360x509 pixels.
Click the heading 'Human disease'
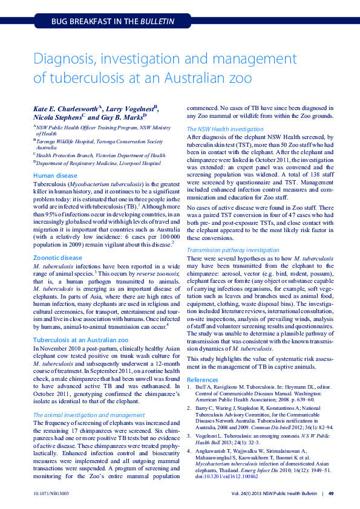(x=55, y=175)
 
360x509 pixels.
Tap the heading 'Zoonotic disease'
(x=57, y=257)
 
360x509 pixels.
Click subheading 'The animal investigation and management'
(x=89, y=415)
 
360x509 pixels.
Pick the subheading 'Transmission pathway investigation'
(x=233, y=249)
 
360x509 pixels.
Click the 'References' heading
(x=203, y=380)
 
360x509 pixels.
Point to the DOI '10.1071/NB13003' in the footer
(x=51, y=493)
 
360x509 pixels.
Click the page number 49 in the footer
(x=331, y=493)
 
